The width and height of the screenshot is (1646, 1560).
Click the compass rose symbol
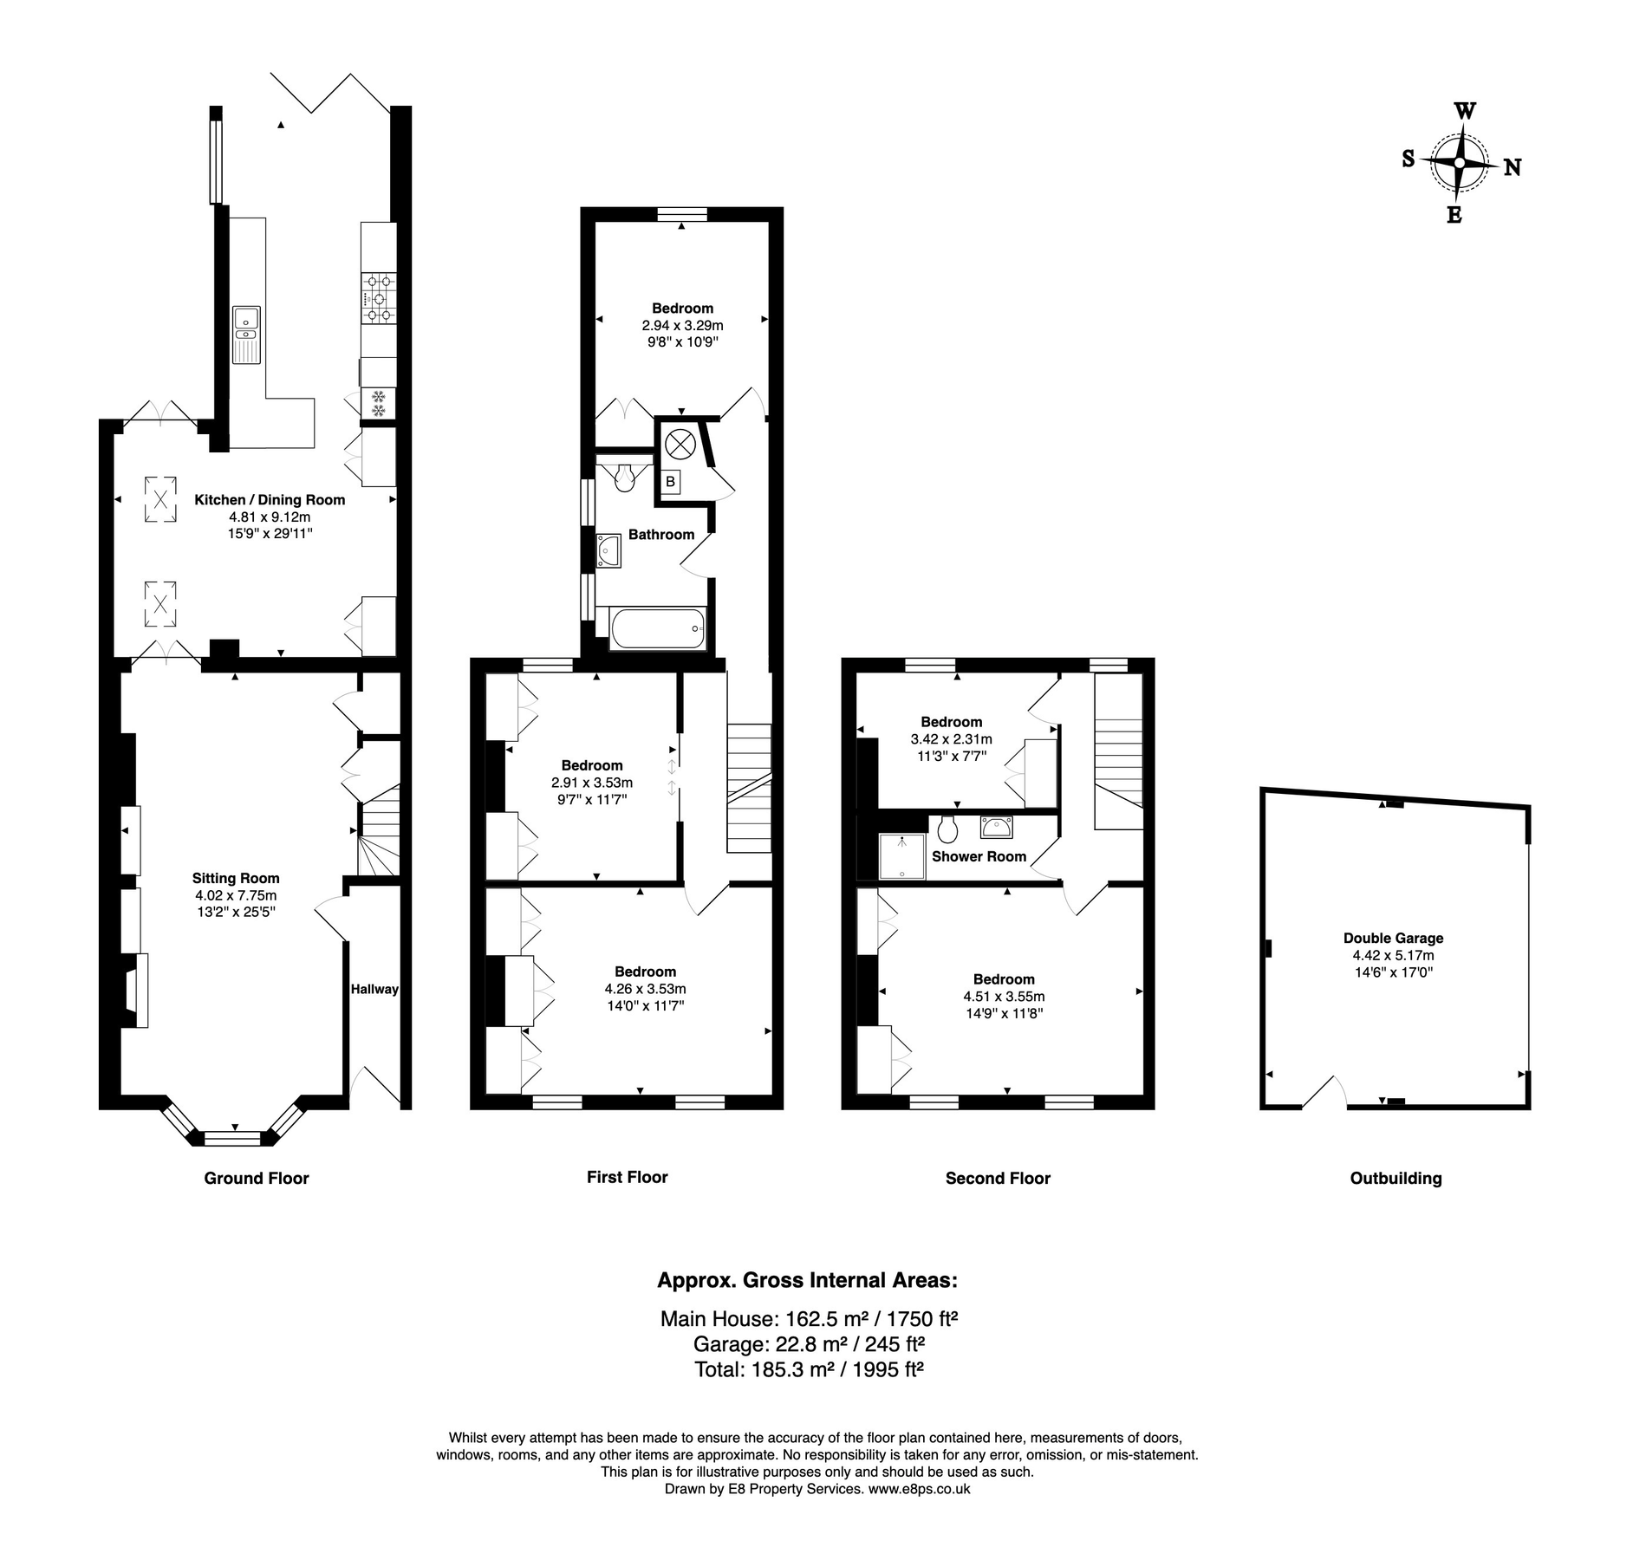[1461, 163]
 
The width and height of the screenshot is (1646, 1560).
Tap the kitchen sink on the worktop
[246, 334]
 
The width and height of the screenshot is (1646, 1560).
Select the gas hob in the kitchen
[379, 297]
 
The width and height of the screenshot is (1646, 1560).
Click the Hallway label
[374, 989]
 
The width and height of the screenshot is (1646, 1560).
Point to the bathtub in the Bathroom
[658, 628]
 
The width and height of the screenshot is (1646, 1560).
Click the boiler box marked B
[670, 481]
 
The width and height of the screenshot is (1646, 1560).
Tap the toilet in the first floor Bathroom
[623, 478]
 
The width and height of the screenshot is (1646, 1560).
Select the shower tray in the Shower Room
[901, 856]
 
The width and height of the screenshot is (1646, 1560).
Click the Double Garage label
[1393, 938]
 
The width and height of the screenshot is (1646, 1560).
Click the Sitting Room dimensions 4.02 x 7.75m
[236, 895]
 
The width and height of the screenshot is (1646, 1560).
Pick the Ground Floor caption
[257, 1178]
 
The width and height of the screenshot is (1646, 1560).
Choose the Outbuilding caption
[1396, 1178]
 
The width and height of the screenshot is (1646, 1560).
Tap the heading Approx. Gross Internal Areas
[807, 1280]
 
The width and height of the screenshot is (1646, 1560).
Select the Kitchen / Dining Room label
[270, 500]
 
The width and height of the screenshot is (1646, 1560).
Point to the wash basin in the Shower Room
[997, 827]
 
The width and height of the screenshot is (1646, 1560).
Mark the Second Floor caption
[998, 1178]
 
